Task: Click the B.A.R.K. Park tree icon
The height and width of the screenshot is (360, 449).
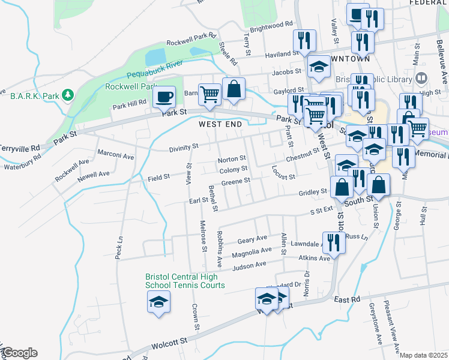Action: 69,95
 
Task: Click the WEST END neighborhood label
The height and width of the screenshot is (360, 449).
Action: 220,124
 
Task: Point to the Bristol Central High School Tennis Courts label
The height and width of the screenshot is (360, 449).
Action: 185,281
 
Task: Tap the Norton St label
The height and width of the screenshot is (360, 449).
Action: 228,160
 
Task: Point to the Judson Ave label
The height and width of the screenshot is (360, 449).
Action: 249,265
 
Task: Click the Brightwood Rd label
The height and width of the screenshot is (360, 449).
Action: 270,27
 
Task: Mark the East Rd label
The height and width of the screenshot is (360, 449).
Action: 347,299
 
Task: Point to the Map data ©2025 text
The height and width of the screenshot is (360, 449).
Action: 424,355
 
